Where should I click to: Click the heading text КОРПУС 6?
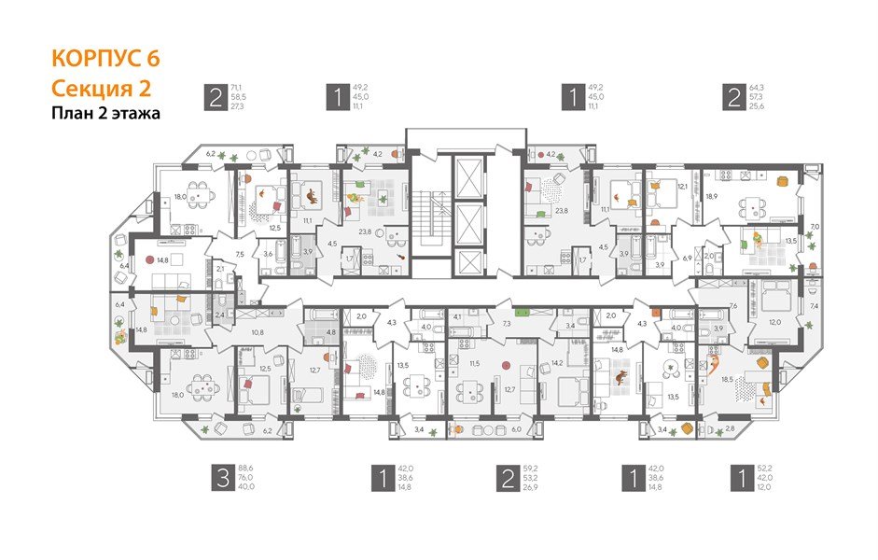pos(105,58)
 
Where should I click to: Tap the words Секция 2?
pos(100,88)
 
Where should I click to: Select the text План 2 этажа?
pos(105,114)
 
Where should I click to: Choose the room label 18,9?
pos(712,197)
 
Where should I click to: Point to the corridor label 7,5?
pos(239,254)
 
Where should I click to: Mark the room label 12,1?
pos(681,187)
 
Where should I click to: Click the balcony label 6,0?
pos(515,429)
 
